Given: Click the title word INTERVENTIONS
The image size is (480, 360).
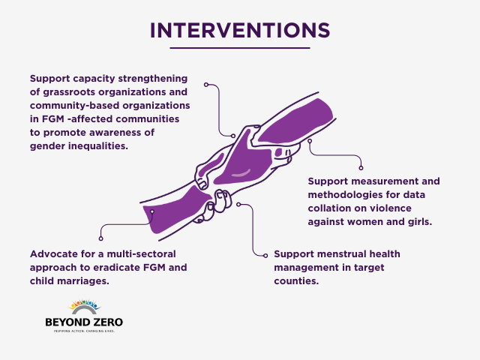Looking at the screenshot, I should pyautogui.click(x=240, y=29).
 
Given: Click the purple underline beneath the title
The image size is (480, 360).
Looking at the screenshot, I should pyautogui.click(x=240, y=49).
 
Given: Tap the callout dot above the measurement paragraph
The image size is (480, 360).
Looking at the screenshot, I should pyautogui.click(x=360, y=165).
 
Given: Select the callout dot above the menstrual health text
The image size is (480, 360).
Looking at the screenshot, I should pyautogui.click(x=238, y=203).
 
